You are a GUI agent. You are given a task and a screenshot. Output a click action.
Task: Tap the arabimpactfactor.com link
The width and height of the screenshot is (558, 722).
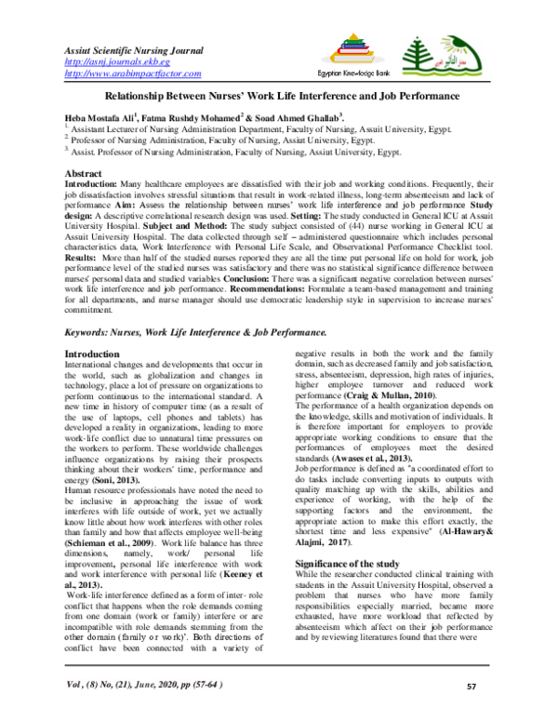(x=132, y=73)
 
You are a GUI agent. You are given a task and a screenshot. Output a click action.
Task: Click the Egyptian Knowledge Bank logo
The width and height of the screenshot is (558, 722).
(x=379, y=56)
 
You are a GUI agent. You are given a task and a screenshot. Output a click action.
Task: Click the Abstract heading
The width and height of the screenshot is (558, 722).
(x=86, y=175)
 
